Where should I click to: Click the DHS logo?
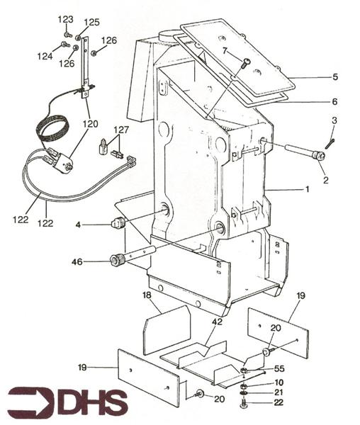click(x=68, y=402)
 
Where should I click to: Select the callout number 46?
click(x=77, y=262)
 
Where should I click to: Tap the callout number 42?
click(x=217, y=322)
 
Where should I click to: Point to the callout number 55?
click(x=279, y=368)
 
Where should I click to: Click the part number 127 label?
click(x=121, y=130)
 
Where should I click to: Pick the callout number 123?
click(x=65, y=20)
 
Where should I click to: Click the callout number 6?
click(x=334, y=101)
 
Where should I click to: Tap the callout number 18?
click(x=147, y=295)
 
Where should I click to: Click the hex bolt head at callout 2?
click(x=318, y=156)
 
